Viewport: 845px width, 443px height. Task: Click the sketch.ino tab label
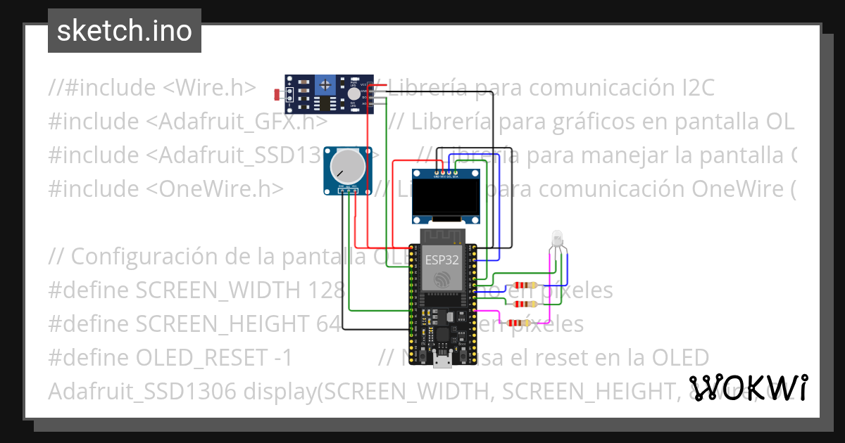[124, 31]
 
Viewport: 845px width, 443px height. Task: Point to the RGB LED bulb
[556, 238]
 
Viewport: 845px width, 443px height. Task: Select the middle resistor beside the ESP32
[528, 304]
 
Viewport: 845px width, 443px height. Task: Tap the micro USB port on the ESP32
[442, 361]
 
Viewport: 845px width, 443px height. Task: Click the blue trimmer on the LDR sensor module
[325, 86]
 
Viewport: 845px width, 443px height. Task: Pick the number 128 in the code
[325, 290]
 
